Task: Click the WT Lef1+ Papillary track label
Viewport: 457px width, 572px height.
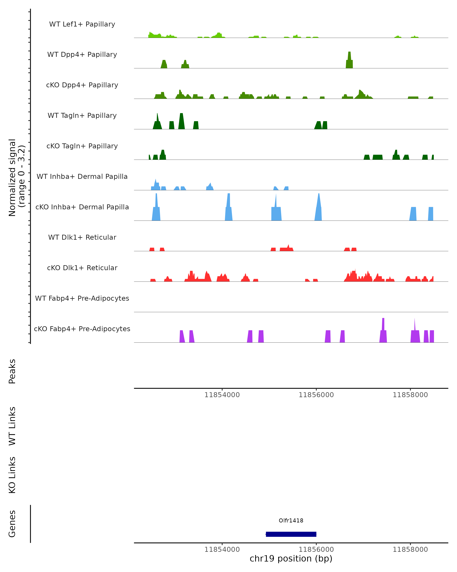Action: tap(82, 24)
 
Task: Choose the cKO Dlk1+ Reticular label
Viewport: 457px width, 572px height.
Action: tap(82, 268)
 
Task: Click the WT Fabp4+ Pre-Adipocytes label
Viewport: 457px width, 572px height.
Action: tap(82, 298)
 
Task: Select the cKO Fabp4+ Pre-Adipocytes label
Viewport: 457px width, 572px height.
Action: tap(82, 329)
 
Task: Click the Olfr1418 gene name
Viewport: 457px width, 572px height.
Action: tap(291, 521)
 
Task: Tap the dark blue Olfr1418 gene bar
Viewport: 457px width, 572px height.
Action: tap(291, 534)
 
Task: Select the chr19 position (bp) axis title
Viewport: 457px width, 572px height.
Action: tap(291, 559)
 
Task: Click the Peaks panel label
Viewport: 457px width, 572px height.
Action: tap(12, 371)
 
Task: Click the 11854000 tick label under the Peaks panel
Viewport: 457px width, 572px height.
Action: tap(222, 395)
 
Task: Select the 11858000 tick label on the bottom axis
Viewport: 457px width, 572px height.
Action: tap(410, 550)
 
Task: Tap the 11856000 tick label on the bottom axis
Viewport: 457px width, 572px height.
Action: tap(316, 550)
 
